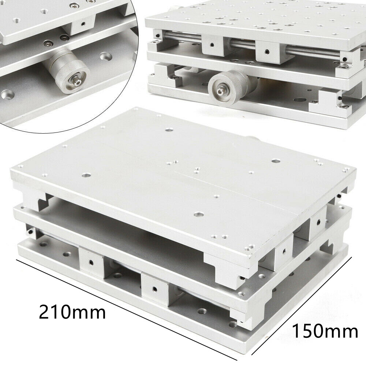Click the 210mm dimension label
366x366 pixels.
[72, 312]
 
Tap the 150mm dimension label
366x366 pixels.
[325, 332]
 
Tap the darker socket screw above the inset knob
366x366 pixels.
[64, 37]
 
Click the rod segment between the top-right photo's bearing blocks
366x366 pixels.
[240, 42]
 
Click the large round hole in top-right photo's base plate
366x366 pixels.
[298, 100]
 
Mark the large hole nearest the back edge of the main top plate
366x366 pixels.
[169, 129]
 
